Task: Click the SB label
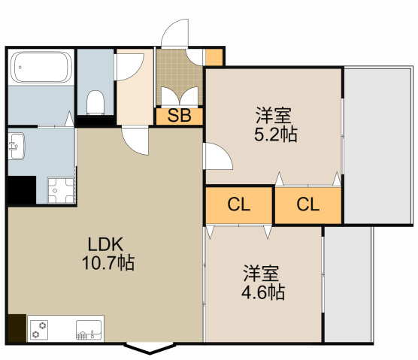tap(179, 116)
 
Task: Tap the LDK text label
tap(105, 244)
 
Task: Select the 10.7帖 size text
tap(108, 263)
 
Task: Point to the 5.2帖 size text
tap(276, 135)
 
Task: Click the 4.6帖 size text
tap(263, 292)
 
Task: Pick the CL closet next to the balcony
tap(308, 205)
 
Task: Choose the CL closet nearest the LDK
tap(239, 205)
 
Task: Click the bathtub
tap(41, 67)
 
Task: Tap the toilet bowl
tap(95, 103)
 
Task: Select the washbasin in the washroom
tap(17, 147)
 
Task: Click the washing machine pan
tap(61, 190)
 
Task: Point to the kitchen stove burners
tap(39, 330)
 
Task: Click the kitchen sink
tap(89, 330)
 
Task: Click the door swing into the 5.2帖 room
tap(218, 156)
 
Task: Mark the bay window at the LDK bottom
tap(150, 349)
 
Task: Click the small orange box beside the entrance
tap(214, 57)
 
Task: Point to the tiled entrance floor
tap(179, 77)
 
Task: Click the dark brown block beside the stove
tap(17, 328)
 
